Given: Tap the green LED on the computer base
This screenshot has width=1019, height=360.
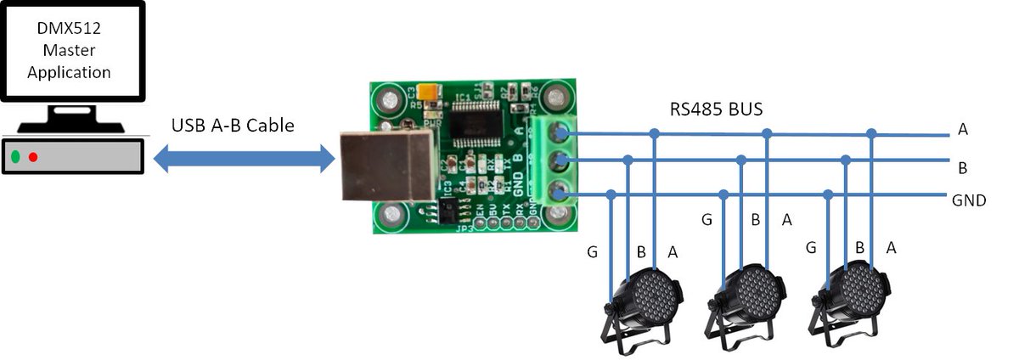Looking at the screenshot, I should pos(15,157).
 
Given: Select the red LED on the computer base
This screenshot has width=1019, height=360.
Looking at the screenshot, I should pos(33,157).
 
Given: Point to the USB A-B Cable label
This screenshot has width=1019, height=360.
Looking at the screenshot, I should pos(233,126).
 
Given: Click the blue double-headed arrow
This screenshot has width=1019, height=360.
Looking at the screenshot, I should pos(243,158).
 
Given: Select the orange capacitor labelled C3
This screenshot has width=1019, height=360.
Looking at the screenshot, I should pos(432,92).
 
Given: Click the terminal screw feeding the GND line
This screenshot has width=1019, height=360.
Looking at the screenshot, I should pos(558,193).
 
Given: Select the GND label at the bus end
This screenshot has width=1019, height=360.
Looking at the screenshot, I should pos(968,201).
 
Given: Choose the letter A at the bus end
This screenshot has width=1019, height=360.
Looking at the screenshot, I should pos(962,130).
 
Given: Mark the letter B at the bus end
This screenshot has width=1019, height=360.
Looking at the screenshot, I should pos(962,168).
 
